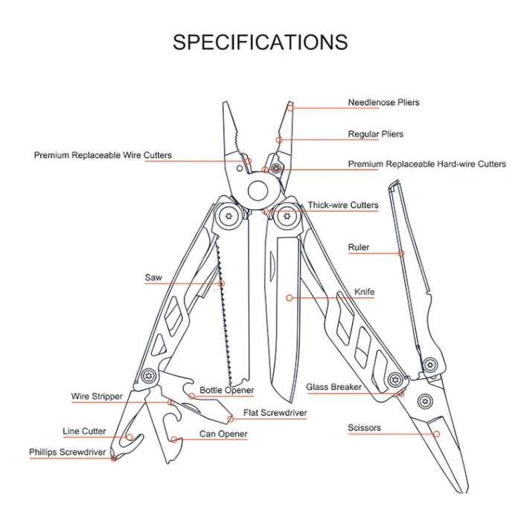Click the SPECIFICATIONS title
coord(260,42)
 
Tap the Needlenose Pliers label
coord(383,103)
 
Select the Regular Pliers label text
coord(375,134)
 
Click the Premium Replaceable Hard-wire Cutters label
coord(426,164)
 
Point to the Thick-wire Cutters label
coord(342,205)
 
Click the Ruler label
coord(359,247)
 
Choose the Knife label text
coord(364,292)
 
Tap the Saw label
coord(153,278)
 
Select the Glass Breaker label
coord(333,387)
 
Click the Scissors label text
coord(364,428)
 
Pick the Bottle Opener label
coord(226,390)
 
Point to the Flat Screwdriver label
coord(275,412)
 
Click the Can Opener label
coord(223,434)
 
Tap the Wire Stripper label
coord(97,397)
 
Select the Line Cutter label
coord(84,431)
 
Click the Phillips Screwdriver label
coord(68,453)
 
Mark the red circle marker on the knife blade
coord(290,298)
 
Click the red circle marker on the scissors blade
coord(437,434)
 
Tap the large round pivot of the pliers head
coord(258,191)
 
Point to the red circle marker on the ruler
coord(401,254)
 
